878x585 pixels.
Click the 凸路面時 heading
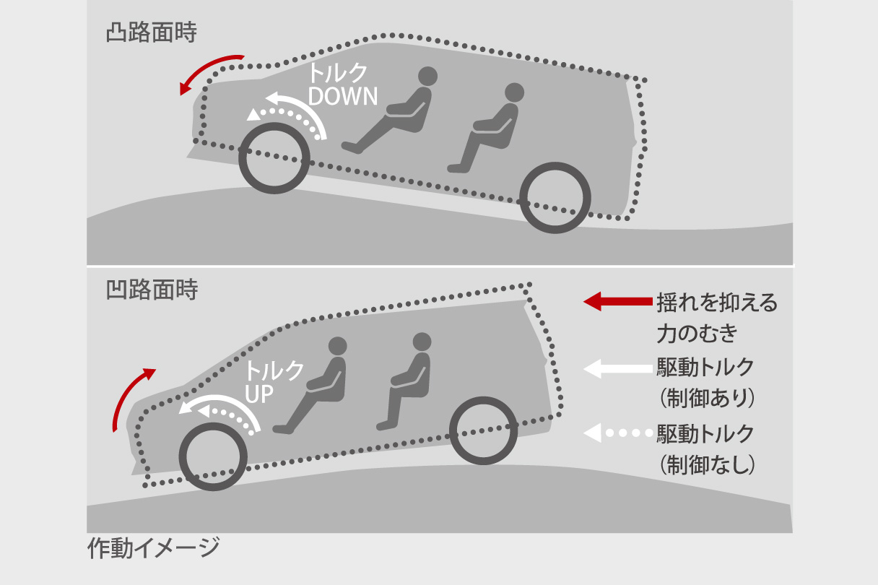(x=151, y=34)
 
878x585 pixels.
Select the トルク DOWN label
(x=343, y=84)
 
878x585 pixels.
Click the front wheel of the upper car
(x=274, y=158)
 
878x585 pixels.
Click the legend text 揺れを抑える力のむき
(x=716, y=318)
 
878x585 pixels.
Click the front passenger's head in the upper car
(x=428, y=76)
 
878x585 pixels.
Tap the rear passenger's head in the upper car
(x=513, y=92)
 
